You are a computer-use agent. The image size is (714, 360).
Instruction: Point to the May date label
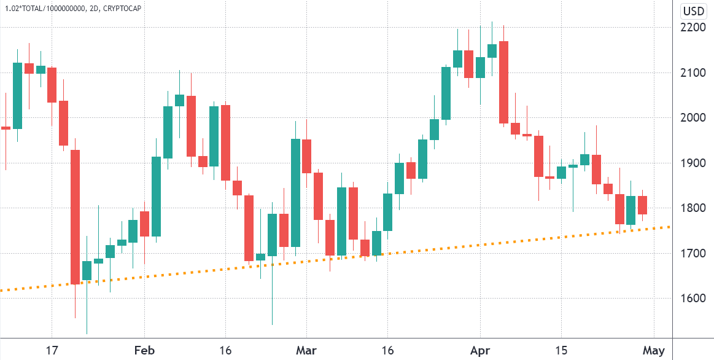point(653,351)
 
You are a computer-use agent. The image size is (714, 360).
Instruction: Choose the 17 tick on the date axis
point(52,351)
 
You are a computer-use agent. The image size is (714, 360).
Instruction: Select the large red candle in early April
point(503,82)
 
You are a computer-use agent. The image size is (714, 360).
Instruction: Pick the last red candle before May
point(642,205)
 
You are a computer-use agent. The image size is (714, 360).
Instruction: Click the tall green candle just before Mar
point(295,193)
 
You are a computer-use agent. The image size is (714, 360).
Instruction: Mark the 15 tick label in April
point(561,351)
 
